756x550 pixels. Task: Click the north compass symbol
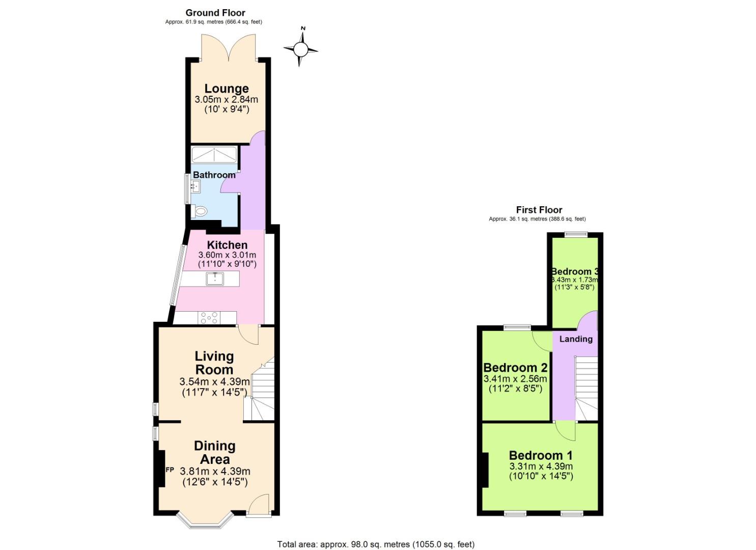(x=301, y=49)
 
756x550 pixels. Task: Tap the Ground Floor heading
(x=215, y=13)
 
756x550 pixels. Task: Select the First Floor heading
(x=539, y=210)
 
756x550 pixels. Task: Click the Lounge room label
(x=227, y=89)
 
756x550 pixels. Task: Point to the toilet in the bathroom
(x=200, y=211)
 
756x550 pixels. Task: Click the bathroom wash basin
(x=195, y=187)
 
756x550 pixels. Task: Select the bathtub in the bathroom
(x=214, y=154)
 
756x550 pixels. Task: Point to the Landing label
(x=576, y=339)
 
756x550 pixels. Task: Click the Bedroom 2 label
(x=515, y=368)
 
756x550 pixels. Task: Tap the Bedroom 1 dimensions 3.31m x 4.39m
(x=541, y=466)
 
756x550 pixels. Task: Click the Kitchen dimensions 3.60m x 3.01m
(x=227, y=255)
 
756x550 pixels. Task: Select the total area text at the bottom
(x=376, y=544)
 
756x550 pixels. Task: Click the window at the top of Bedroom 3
(x=576, y=234)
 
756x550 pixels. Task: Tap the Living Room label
(x=214, y=363)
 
